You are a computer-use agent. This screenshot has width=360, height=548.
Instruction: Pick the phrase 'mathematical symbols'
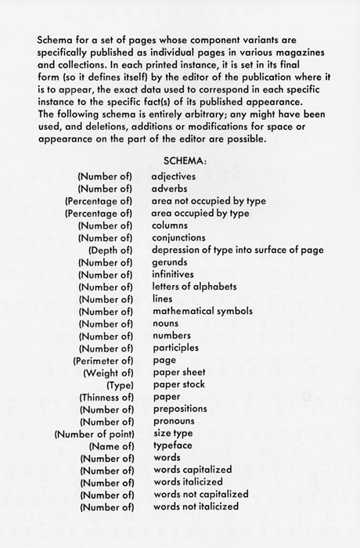point(200,311)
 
